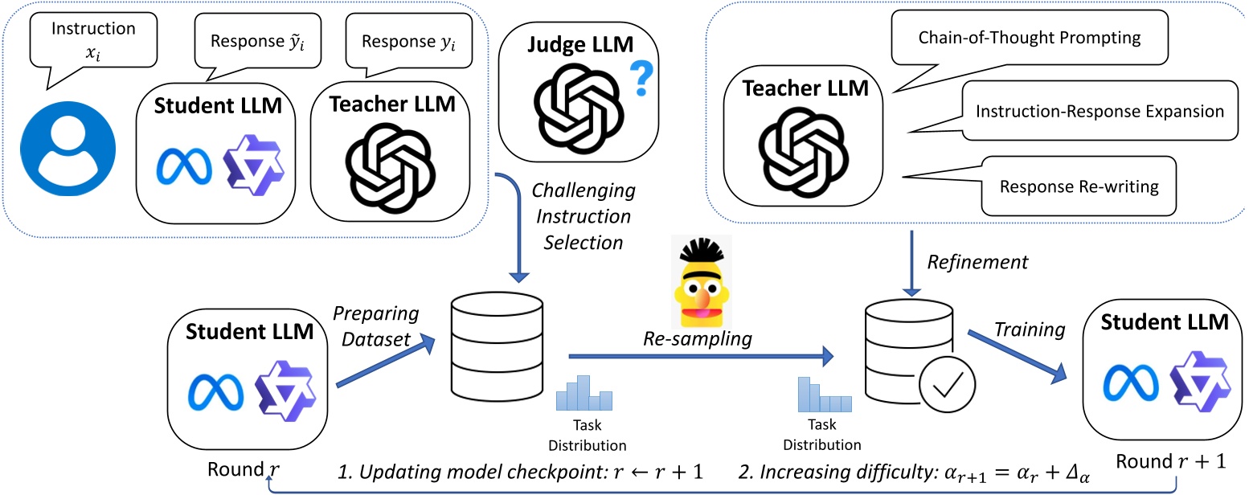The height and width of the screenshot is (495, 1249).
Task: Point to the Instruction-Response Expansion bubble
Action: tap(1099, 111)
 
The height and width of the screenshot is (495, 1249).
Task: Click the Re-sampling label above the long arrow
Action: tap(697, 339)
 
